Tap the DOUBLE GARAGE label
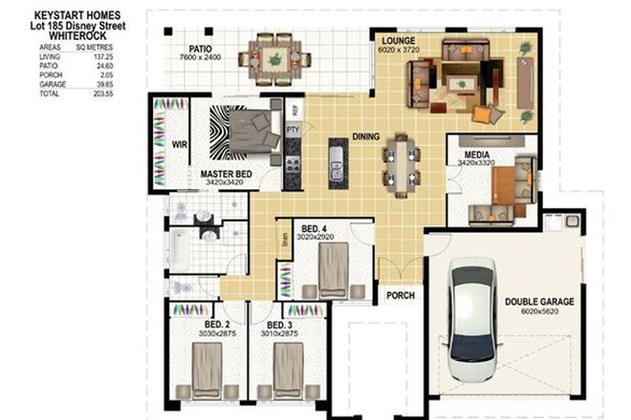point(540,303)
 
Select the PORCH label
point(400,296)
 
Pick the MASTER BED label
point(227,174)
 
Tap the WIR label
point(179,145)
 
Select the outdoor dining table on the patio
point(274,57)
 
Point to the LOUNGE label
point(398,41)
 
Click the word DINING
point(366,136)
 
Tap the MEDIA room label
point(477,154)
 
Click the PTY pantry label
point(294,126)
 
